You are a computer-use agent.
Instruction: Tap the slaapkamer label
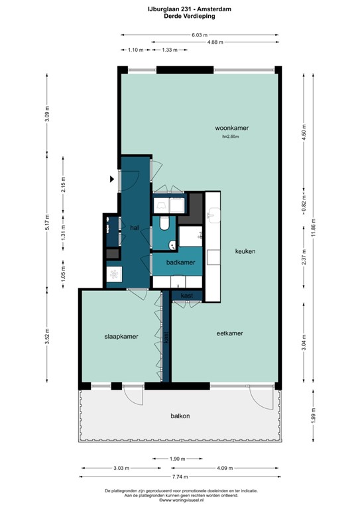pos(121,337)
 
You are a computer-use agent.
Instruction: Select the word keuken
pos(245,252)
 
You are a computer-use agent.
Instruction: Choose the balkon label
pos(180,416)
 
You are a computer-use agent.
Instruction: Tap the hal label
pos(134,227)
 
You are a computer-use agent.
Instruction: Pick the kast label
pos(187,295)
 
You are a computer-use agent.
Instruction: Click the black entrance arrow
pos(111,178)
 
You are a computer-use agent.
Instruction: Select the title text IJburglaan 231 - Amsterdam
pos(179,9)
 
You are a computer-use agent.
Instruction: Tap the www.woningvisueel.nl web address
pos(180,500)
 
